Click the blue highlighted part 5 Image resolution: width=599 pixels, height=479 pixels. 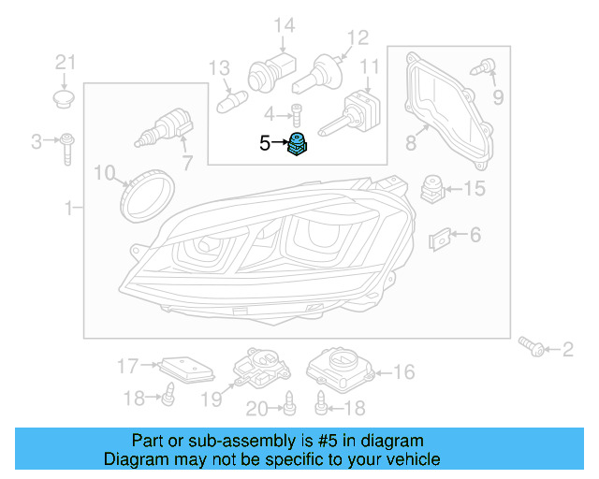click(x=298, y=146)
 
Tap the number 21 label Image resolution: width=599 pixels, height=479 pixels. click(x=64, y=63)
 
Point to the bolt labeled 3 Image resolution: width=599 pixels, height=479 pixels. click(x=68, y=147)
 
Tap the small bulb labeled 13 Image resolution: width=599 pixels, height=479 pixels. click(x=230, y=97)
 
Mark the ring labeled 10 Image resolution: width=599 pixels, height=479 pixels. click(x=149, y=190)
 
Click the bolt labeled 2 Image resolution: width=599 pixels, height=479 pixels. click(x=533, y=346)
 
